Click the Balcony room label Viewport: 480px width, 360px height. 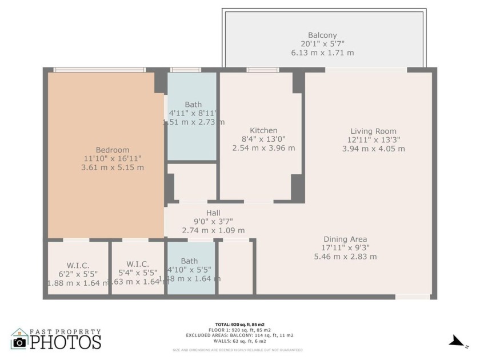[322, 35]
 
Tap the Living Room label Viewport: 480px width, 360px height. [373, 131]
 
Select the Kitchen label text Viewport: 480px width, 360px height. [263, 130]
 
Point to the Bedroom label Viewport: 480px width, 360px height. [112, 150]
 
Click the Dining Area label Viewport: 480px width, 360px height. [345, 239]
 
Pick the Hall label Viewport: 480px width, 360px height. [213, 213]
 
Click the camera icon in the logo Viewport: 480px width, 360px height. [19, 342]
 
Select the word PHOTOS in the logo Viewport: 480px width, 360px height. [65, 342]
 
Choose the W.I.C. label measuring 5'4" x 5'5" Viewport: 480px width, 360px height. [138, 264]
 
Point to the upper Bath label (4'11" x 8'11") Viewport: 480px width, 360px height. [193, 105]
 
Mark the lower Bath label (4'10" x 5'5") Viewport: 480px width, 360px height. [189, 261]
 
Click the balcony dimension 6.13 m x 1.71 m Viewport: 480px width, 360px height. [322, 53]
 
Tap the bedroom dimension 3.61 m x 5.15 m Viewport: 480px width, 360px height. [112, 167]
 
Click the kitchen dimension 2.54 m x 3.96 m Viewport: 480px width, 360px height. [263, 148]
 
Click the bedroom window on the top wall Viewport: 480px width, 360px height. [99, 70]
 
